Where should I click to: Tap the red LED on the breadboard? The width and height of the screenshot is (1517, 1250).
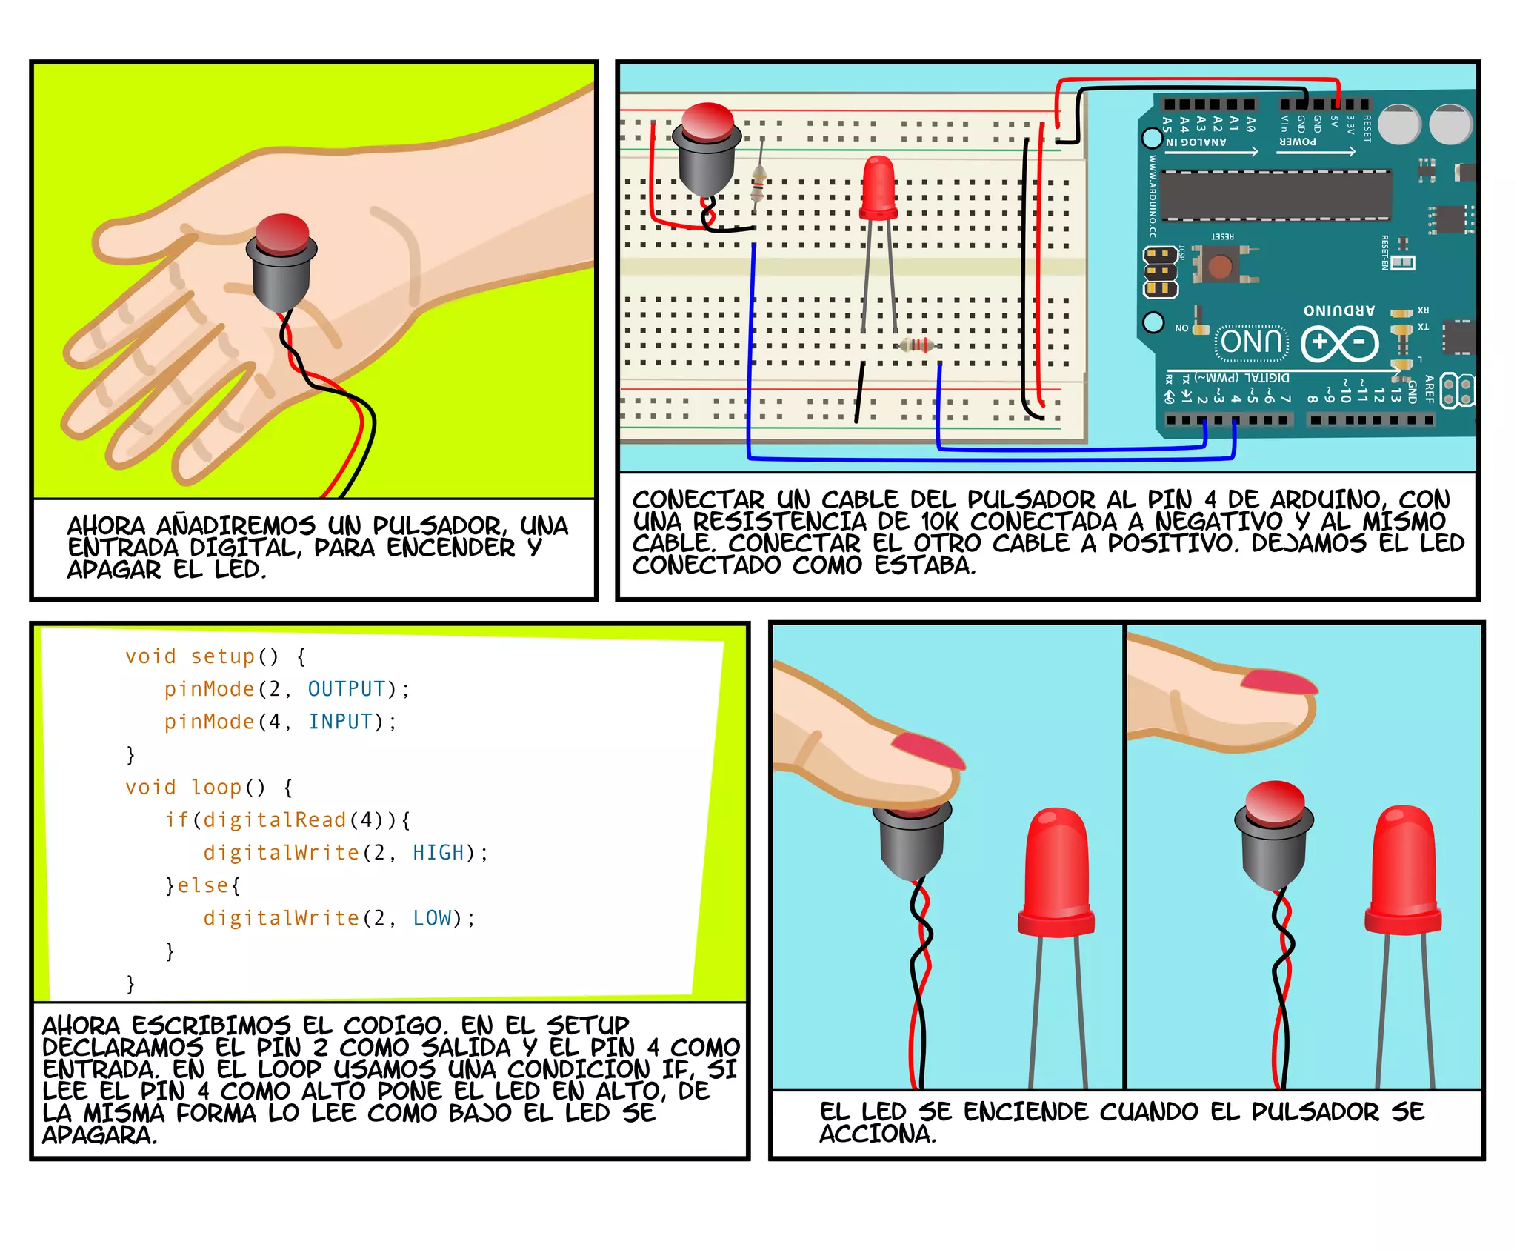click(879, 189)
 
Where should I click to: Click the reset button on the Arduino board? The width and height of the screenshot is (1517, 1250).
click(1219, 266)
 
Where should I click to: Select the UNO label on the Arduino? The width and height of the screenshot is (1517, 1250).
click(1251, 342)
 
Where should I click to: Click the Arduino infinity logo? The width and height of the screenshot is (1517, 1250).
click(1339, 343)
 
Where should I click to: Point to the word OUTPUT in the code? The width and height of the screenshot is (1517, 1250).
click(347, 689)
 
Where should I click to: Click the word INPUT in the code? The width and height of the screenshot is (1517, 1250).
click(341, 722)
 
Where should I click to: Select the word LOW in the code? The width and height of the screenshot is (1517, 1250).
click(432, 918)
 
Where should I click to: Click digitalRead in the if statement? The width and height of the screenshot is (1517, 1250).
click(274, 820)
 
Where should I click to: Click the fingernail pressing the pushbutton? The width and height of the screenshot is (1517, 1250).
click(929, 750)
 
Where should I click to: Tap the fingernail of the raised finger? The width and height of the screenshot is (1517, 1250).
click(1278, 682)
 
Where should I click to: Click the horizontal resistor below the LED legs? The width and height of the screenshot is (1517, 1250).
click(917, 345)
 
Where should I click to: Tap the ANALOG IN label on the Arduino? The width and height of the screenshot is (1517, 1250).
click(1196, 142)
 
